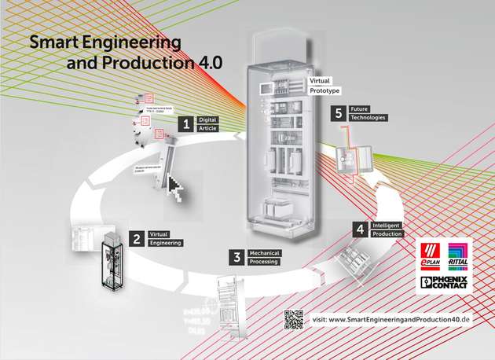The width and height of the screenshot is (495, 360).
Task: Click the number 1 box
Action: (x=186, y=123)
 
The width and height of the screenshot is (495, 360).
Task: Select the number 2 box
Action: (x=137, y=237)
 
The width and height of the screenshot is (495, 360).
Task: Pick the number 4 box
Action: (x=359, y=230)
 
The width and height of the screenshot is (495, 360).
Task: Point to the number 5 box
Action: (x=339, y=114)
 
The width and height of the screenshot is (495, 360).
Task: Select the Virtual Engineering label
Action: (x=164, y=238)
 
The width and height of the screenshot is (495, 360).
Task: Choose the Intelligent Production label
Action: (x=386, y=230)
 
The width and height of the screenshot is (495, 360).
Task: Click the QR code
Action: (x=294, y=319)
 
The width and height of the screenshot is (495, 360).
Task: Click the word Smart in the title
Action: (x=53, y=42)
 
